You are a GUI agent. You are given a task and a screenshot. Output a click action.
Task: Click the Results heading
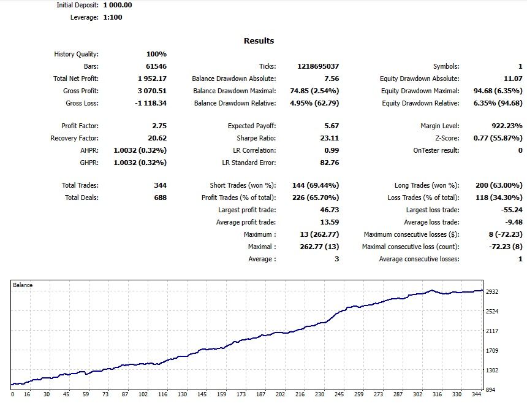[x=259, y=40]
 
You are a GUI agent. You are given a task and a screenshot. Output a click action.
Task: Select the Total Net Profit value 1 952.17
[x=152, y=79]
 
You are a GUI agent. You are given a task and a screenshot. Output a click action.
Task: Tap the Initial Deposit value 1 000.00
[x=118, y=5]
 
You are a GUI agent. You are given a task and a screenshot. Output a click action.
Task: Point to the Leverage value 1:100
[x=113, y=18]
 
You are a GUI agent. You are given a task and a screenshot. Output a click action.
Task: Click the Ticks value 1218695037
[x=318, y=66]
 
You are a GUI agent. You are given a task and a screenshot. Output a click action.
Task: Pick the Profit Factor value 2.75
[x=159, y=126]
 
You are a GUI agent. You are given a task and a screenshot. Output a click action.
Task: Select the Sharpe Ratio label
[x=256, y=138]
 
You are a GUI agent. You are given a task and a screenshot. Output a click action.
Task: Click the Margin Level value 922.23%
[x=507, y=126]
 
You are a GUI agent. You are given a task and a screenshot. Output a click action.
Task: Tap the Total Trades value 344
[x=161, y=185]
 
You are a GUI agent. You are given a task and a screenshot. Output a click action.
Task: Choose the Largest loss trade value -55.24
[x=512, y=210]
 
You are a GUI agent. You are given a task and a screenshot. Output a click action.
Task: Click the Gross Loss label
[x=82, y=103]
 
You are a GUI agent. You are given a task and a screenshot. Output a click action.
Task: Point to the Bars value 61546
[x=156, y=66]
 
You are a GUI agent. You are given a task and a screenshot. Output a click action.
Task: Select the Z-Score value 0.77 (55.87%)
[x=498, y=138]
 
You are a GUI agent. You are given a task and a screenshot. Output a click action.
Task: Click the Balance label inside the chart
[x=23, y=285]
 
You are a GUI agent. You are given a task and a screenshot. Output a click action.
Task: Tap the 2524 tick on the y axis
[x=492, y=312]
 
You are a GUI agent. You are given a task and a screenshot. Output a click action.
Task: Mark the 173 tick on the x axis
[x=241, y=394]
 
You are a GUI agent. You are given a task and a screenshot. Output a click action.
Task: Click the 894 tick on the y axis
[x=491, y=390]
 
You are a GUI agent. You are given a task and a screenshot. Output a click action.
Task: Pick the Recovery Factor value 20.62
[x=157, y=138]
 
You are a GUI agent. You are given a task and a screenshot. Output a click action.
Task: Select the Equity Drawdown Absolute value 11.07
[x=513, y=79]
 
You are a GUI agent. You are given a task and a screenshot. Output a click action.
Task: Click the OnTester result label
[x=436, y=151]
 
